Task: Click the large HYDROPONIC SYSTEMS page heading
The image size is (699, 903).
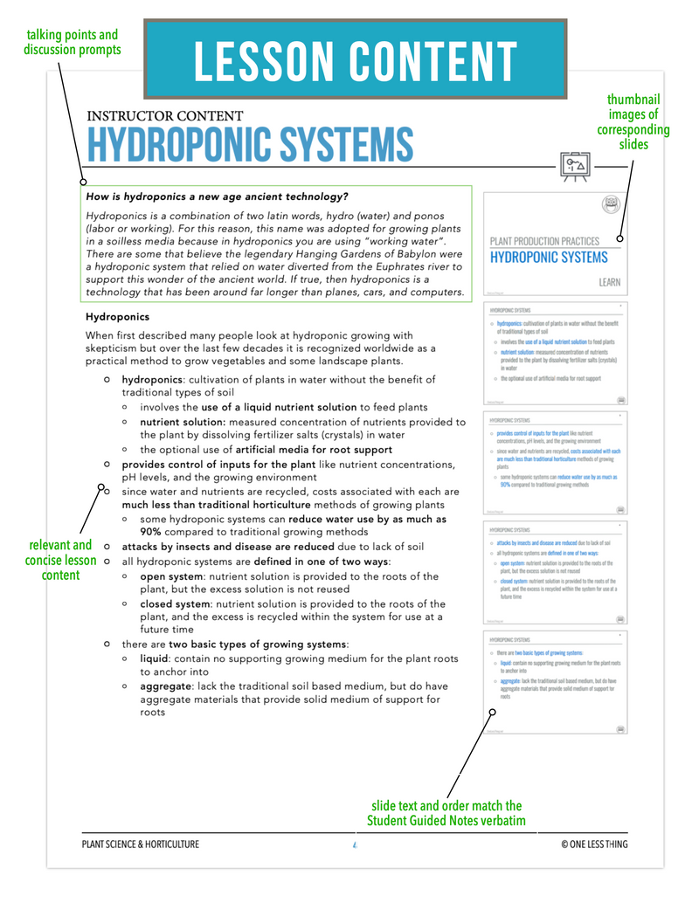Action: [249, 144]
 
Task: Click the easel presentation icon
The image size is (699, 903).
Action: [573, 166]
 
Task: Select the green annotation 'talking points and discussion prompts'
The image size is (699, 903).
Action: [72, 43]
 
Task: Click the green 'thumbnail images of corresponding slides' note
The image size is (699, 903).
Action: [633, 121]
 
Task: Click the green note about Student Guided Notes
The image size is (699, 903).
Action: [446, 813]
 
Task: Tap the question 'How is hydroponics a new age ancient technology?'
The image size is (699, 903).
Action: [218, 196]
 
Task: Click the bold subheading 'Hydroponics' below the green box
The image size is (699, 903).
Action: [117, 317]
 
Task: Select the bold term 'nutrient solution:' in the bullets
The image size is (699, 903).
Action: [183, 422]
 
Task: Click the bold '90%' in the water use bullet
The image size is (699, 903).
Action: [150, 531]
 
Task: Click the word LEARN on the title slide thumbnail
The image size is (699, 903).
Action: [609, 283]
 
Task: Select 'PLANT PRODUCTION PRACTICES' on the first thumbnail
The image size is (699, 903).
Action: [544, 241]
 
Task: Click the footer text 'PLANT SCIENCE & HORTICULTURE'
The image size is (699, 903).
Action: [140, 844]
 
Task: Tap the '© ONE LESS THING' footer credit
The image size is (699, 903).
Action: [594, 844]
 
